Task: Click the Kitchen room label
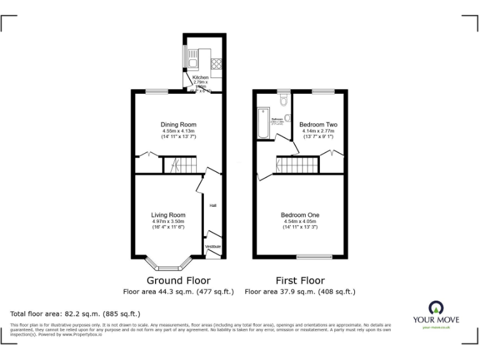[201, 77]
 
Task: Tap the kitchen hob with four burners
[217, 62]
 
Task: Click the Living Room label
[168, 215]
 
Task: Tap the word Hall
[213, 205]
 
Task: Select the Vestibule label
[213, 247]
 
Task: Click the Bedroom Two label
[318, 124]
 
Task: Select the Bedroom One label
[300, 215]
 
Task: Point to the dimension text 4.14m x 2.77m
[318, 131]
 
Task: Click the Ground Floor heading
[178, 280]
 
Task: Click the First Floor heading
[300, 280]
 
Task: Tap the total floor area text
[75, 313]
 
